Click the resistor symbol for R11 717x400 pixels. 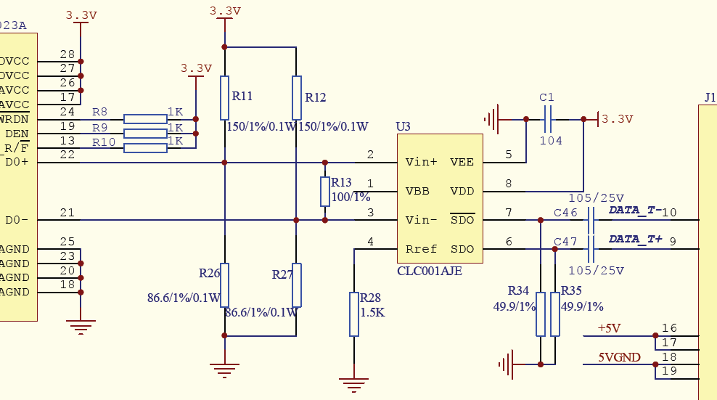tap(225, 97)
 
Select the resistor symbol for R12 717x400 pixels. tap(296, 97)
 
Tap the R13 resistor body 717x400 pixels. tap(324, 191)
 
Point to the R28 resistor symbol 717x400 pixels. tap(354, 314)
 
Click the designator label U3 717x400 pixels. tap(403, 126)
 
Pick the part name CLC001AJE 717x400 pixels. tap(430, 271)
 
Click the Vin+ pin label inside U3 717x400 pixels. tap(422, 162)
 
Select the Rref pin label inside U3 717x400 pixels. tap(422, 249)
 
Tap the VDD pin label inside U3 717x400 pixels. tap(462, 191)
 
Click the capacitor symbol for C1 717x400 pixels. tap(548, 118)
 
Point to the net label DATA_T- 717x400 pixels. tap(635, 210)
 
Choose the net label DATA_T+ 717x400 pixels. tap(635, 239)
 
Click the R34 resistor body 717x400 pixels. tap(541, 314)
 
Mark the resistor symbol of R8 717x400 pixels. tap(145, 119)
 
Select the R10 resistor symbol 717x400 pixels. tap(145, 148)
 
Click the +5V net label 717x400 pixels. tap(609, 328)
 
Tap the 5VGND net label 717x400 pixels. tap(619, 357)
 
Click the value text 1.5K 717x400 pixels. tap(372, 313)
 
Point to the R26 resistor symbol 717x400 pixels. tap(225, 285)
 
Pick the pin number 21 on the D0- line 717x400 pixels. tap(67, 212)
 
